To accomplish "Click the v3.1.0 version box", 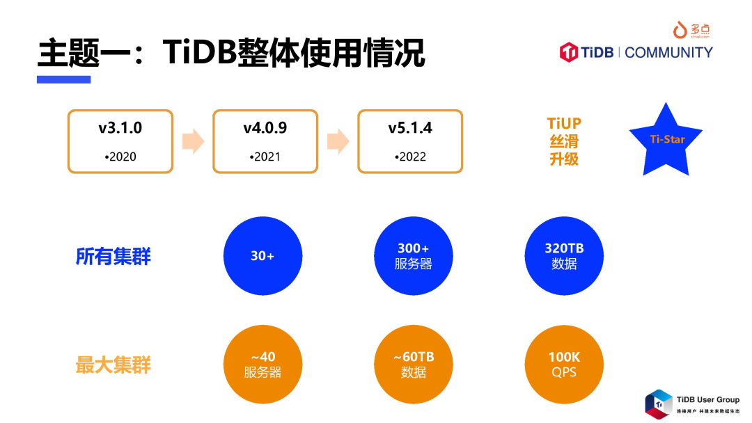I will pyautogui.click(x=120, y=141).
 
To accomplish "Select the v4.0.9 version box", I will pyautogui.click(x=265, y=141).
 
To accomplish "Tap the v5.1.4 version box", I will pyautogui.click(x=410, y=141).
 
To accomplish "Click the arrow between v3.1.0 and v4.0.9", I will pyautogui.click(x=193, y=141).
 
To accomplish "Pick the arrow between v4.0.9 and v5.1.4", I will pyautogui.click(x=338, y=141).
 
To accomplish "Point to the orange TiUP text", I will pyautogui.click(x=564, y=124).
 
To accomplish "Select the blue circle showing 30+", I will pyautogui.click(x=263, y=256).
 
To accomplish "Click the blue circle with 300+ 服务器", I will pyautogui.click(x=413, y=256).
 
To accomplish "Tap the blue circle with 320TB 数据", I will pyautogui.click(x=564, y=256).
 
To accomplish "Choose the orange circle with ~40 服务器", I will pyautogui.click(x=263, y=365).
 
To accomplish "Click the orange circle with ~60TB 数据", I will pyautogui.click(x=413, y=365).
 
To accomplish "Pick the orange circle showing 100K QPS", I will pyautogui.click(x=564, y=365).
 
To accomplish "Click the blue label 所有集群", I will pyautogui.click(x=113, y=257).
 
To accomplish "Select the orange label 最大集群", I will pyautogui.click(x=113, y=365).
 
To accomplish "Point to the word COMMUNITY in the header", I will pyautogui.click(x=668, y=52).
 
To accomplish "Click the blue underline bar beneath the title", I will pyautogui.click(x=64, y=79).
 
